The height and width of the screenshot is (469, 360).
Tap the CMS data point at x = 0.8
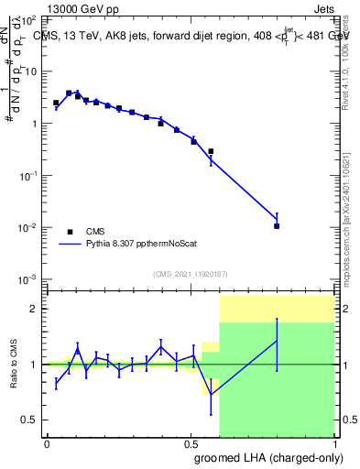pyautogui.click(x=277, y=225)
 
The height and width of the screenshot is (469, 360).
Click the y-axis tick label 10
pyautogui.click(x=32, y=71)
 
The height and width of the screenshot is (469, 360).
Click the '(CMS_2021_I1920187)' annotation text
pyautogui.click(x=190, y=274)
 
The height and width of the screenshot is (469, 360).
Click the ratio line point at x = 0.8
pyautogui.click(x=277, y=342)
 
